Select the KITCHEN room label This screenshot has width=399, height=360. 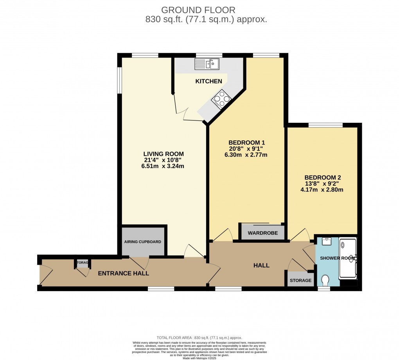point(209,81)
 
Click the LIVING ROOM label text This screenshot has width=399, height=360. point(163,154)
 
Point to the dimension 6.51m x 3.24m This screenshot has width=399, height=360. point(163,166)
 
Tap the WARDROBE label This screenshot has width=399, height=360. point(263,233)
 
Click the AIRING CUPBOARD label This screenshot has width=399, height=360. point(142,242)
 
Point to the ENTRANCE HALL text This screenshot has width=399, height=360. point(123,273)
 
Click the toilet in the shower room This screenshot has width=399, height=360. point(324,281)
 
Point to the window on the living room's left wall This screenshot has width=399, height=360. point(120,80)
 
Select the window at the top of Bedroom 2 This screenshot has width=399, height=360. point(326,125)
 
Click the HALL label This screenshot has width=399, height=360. point(261,265)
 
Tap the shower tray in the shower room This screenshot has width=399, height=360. point(348,258)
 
